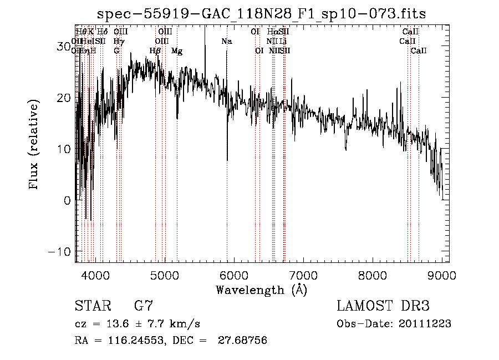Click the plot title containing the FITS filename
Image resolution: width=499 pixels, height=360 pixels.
pos(261,13)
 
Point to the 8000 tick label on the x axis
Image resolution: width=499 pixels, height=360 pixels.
pos(372,275)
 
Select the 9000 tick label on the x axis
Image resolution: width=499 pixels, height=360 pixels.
pos(442,275)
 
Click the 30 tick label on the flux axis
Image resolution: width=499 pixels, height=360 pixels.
pos(64,47)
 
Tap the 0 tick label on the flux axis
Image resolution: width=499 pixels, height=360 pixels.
pos(68,200)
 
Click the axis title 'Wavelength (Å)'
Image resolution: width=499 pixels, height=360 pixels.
pos(261,289)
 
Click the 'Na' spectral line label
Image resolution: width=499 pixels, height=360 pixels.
pos(226,42)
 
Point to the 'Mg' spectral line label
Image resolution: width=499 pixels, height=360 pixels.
pos(177,51)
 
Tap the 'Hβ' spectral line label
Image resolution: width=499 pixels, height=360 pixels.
pos(155,51)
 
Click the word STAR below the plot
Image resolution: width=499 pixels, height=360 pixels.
pos(91,306)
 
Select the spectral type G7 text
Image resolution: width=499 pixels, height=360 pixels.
pos(143,306)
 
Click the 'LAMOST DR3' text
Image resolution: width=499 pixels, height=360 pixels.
pos(383,306)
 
